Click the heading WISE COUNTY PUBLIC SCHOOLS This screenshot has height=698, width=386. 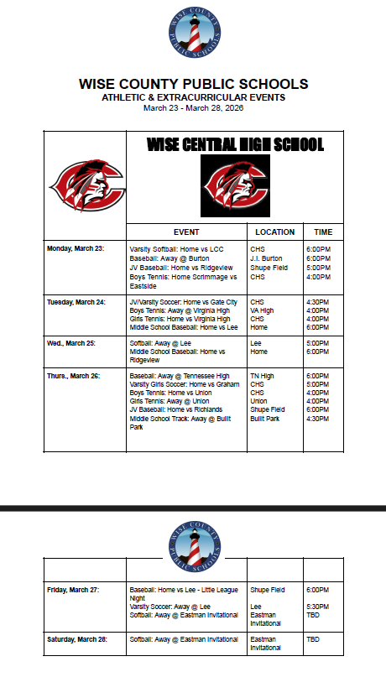click(193, 84)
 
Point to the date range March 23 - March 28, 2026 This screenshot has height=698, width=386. click(193, 107)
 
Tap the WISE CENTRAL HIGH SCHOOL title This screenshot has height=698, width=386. click(235, 145)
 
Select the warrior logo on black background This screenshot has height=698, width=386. click(235, 185)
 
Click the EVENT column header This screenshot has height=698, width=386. click(186, 232)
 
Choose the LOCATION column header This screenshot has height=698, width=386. click(274, 232)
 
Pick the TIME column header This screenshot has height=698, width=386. click(323, 232)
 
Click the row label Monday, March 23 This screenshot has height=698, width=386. click(76, 249)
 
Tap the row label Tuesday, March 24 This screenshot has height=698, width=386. click(76, 301)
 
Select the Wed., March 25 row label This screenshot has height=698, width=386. click(72, 343)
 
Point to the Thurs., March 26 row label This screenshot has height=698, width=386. click(74, 375)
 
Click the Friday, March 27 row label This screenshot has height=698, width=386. click(73, 590)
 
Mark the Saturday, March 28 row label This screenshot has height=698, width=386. click(76, 639)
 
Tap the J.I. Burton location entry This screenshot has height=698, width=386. click(266, 258)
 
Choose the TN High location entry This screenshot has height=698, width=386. click(262, 376)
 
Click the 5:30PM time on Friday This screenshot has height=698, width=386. click(317, 607)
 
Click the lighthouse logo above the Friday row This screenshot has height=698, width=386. click(194, 539)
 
